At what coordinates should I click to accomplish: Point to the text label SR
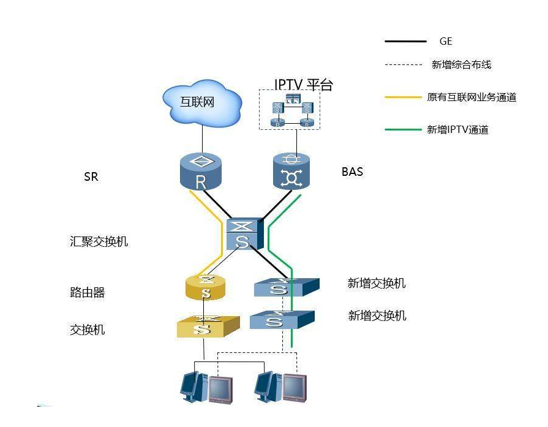point(91,177)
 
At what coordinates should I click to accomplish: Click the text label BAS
point(352,172)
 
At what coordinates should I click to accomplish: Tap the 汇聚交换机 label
point(99,241)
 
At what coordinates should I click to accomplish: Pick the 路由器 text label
point(87,293)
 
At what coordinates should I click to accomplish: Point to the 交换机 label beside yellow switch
point(87,330)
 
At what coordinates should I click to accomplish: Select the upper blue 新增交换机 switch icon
point(285,287)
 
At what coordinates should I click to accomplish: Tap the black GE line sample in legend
point(405,42)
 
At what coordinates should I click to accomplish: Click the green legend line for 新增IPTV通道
point(405,130)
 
